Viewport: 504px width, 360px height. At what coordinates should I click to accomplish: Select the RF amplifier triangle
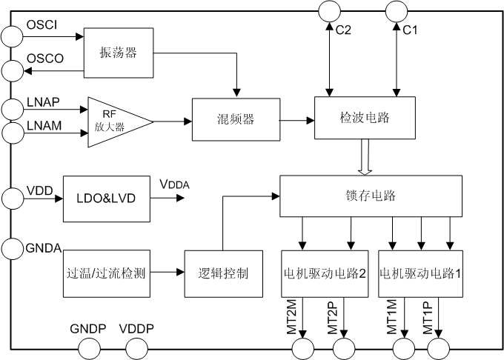click(117, 121)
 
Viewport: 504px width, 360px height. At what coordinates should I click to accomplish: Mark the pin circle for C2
click(328, 11)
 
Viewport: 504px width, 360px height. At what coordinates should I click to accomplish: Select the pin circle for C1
click(397, 11)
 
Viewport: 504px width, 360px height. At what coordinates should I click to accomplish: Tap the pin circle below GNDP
click(90, 348)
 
